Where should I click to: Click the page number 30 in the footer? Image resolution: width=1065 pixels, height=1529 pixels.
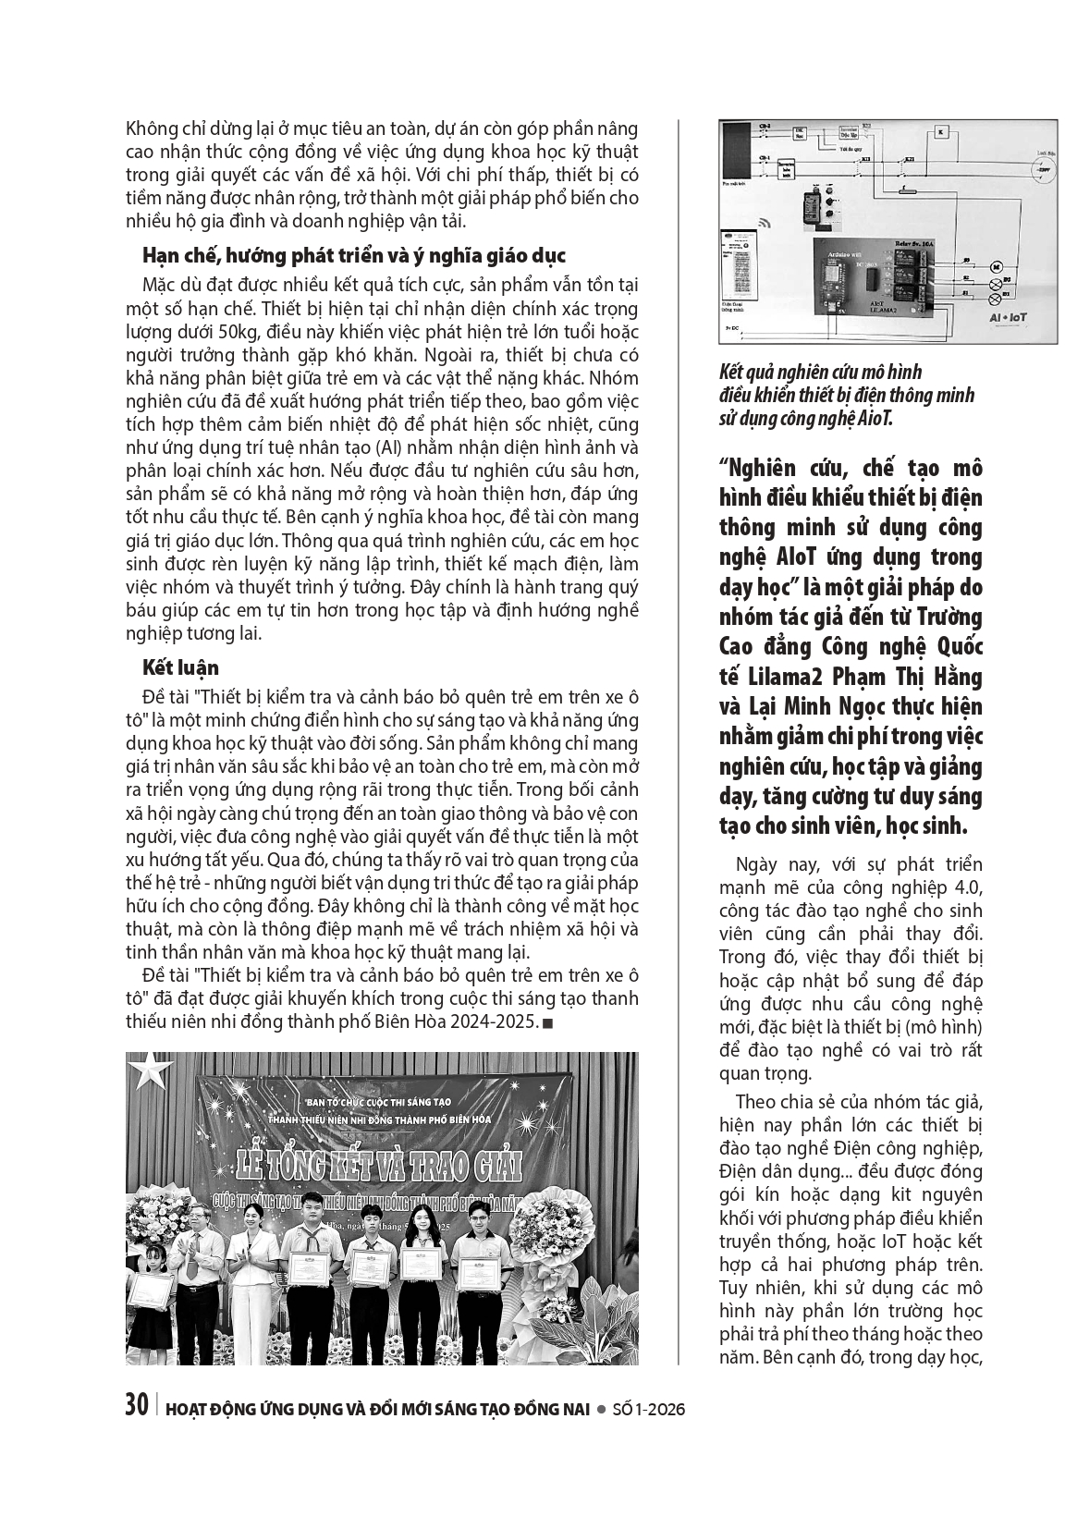click(x=136, y=1406)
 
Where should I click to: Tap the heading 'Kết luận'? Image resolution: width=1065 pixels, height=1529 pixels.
click(x=180, y=667)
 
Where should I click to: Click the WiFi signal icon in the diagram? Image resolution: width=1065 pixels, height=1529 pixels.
click(x=765, y=223)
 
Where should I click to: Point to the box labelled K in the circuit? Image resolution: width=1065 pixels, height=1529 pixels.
click(x=941, y=131)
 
